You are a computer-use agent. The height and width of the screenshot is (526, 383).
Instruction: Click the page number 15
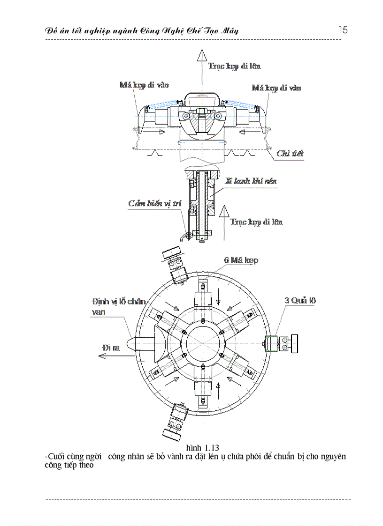pos(343,30)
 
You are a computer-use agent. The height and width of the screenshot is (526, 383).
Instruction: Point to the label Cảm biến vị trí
pos(154,204)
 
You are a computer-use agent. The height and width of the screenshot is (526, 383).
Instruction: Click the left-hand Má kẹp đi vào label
pos(144,85)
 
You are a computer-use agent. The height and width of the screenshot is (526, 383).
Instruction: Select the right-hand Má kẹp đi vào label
pos(276,88)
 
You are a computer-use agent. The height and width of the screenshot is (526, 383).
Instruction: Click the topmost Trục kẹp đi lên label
pos(235,66)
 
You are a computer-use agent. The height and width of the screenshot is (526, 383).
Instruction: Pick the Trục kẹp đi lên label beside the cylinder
pos(257,222)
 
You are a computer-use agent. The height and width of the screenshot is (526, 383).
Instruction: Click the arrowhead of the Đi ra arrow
pos(100,356)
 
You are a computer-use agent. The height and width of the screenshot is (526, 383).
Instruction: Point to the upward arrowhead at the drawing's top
pos(202,55)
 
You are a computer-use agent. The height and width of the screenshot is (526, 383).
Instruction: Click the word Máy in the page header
pos(228,31)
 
